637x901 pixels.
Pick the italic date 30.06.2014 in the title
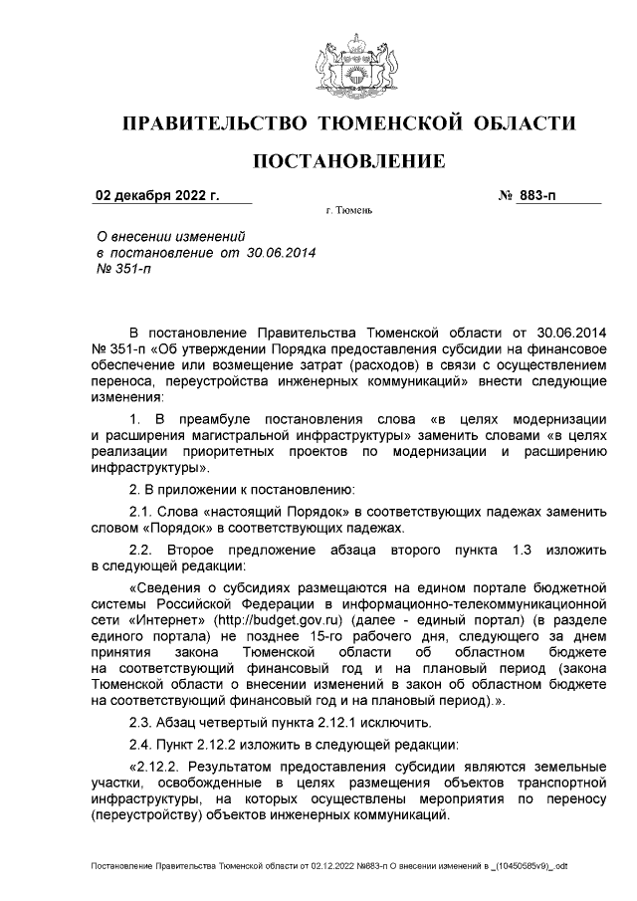point(280,254)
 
